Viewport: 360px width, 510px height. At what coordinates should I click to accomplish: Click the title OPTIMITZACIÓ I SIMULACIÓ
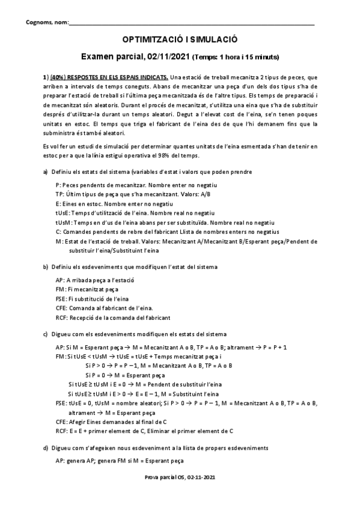pyautogui.click(x=180, y=38)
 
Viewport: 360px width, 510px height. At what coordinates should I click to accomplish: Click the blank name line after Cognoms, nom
pyautogui.click(x=192, y=23)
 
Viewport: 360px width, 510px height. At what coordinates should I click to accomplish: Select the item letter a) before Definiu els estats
pyautogui.click(x=46, y=172)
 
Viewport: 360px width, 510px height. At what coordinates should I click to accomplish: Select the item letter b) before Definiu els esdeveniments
pyautogui.click(x=46, y=266)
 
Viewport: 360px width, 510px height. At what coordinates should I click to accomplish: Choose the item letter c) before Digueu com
pyautogui.click(x=46, y=333)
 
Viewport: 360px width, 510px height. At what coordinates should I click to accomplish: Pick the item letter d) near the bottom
pyautogui.click(x=46, y=447)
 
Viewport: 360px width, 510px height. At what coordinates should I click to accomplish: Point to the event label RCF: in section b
pyautogui.click(x=61, y=317)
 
